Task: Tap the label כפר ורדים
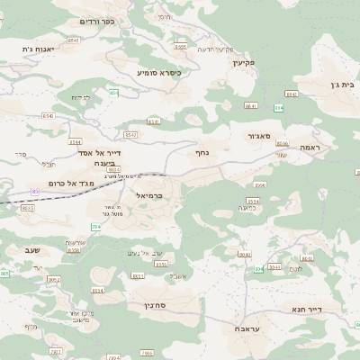click(x=98, y=21)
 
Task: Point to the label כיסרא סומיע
click(x=158, y=72)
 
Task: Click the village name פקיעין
click(x=244, y=63)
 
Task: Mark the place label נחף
click(x=202, y=153)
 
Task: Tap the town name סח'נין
click(x=155, y=306)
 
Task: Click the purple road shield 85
click(x=34, y=192)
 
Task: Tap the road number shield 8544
click(x=75, y=142)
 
